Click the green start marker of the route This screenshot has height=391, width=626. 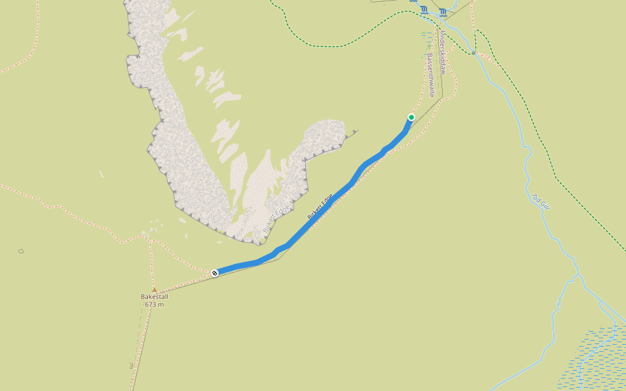(x=411, y=117)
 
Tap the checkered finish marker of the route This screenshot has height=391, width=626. (x=215, y=273)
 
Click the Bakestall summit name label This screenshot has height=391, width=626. (x=155, y=297)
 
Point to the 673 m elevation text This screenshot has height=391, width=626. (x=155, y=304)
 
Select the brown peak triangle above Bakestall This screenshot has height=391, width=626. (x=155, y=290)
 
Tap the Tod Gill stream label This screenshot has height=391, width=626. (x=541, y=201)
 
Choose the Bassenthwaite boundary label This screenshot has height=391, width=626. (x=431, y=76)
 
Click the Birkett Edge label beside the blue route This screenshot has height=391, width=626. (x=320, y=205)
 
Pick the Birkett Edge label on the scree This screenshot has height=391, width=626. (x=275, y=220)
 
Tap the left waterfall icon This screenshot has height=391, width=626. (x=425, y=10)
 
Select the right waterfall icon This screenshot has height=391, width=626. (x=443, y=11)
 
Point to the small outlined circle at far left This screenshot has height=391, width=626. (x=21, y=251)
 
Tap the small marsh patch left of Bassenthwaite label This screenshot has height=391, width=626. (x=426, y=38)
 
